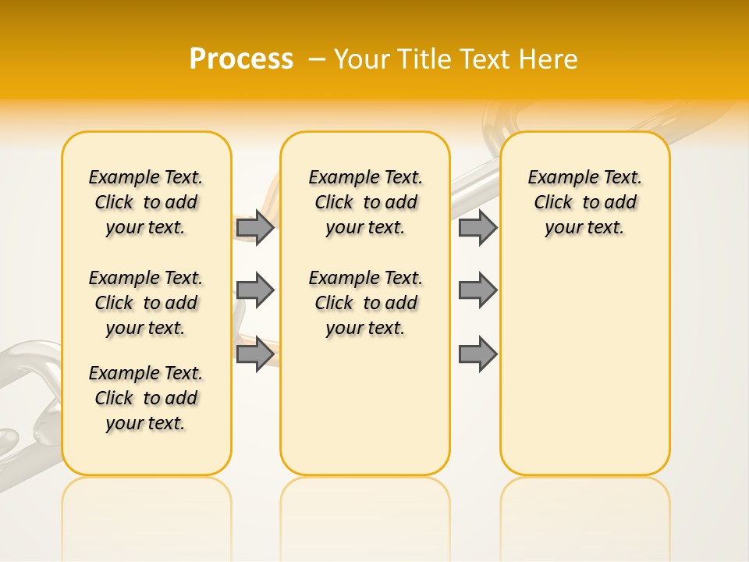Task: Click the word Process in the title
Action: point(241,59)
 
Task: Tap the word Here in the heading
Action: point(549,59)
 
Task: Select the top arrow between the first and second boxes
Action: point(255,227)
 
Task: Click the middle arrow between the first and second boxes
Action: point(255,290)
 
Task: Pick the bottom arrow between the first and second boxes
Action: point(255,354)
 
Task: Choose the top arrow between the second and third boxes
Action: point(477,227)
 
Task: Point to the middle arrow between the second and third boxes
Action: point(477,290)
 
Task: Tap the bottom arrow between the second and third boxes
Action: point(477,354)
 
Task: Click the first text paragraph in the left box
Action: point(146,202)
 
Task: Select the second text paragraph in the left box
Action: point(146,303)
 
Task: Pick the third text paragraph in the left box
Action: point(146,398)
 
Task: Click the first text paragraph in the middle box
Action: point(365,202)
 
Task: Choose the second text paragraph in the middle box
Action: point(365,303)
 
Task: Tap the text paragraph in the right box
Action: point(585,202)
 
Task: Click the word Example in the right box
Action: point(557,178)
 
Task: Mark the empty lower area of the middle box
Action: point(365,406)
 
